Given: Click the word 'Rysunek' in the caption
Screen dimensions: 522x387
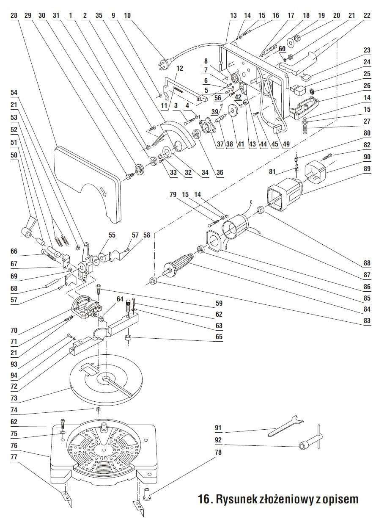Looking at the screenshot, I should (x=240, y=499).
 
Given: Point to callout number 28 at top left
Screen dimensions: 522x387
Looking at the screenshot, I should (x=14, y=15).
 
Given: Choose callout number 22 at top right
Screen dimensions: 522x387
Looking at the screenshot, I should (x=367, y=15).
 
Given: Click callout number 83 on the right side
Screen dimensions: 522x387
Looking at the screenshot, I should (x=367, y=320).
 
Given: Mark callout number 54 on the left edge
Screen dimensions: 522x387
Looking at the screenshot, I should (x=14, y=92).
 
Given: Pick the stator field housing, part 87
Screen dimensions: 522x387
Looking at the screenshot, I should (x=235, y=229).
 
